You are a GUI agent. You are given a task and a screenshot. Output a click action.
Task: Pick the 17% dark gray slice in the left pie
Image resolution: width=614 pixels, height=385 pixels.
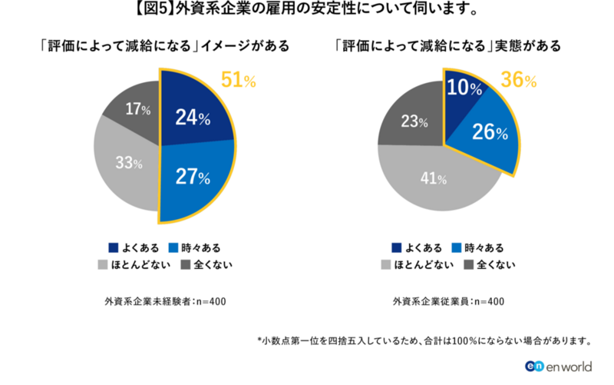134,111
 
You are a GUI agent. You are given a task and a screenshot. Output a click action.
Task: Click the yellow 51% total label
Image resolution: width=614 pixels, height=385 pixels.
238,80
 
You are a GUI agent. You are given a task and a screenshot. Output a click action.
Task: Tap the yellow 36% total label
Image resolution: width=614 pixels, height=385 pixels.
519,79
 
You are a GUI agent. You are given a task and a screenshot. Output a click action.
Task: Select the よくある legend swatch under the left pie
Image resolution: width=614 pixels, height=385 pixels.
114,247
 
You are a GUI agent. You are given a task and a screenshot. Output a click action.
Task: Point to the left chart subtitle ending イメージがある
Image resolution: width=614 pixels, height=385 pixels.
165,45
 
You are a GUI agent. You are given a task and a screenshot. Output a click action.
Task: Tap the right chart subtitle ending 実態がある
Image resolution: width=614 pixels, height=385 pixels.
449,45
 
